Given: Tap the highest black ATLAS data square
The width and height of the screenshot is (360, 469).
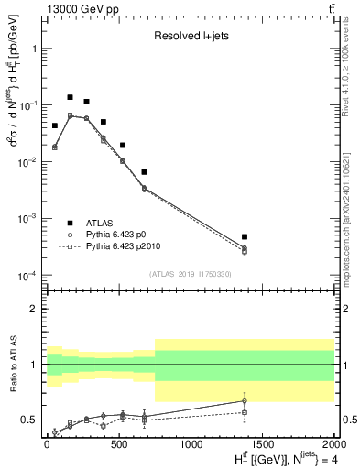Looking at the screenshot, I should click(70, 97).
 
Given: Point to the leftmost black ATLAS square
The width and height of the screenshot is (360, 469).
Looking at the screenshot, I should click(54, 125).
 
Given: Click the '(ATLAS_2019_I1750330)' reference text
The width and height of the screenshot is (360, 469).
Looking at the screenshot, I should click(190, 273).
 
